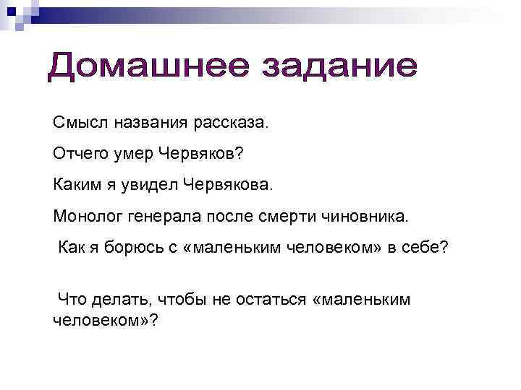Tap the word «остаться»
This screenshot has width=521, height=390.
[x=271, y=299]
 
